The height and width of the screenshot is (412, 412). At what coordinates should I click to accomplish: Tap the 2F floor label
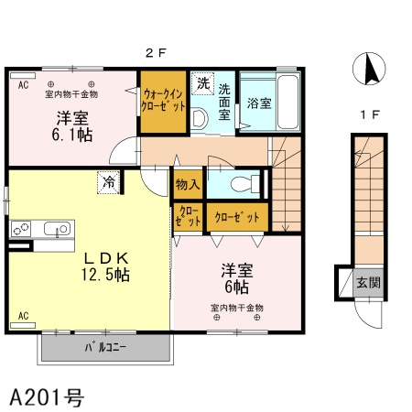coord(156,53)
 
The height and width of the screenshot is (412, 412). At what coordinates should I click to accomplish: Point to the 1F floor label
coord(370,114)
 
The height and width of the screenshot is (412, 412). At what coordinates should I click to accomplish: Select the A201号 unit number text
coord(47,397)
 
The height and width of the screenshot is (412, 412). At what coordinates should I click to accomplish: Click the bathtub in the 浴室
coord(287,102)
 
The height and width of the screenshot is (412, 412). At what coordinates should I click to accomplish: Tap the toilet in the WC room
coord(245,184)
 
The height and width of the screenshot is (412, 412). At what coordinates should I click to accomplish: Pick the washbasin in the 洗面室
coord(199,118)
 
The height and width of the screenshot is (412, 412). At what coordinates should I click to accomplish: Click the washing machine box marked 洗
coord(202,83)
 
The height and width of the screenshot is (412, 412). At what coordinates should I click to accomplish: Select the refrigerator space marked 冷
coord(108,182)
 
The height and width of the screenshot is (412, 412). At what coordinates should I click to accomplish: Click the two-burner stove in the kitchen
coord(21,229)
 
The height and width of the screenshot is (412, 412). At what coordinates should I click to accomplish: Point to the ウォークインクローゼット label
coord(163,100)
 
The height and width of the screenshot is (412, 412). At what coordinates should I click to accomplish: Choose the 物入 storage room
coord(188,184)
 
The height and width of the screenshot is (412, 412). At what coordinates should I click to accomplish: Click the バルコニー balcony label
coord(105,348)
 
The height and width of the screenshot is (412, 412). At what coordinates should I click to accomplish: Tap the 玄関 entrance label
coord(369,283)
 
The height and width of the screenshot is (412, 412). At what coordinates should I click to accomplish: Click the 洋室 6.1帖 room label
coord(72,127)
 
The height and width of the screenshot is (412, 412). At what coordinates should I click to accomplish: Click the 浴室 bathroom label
coord(259,103)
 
